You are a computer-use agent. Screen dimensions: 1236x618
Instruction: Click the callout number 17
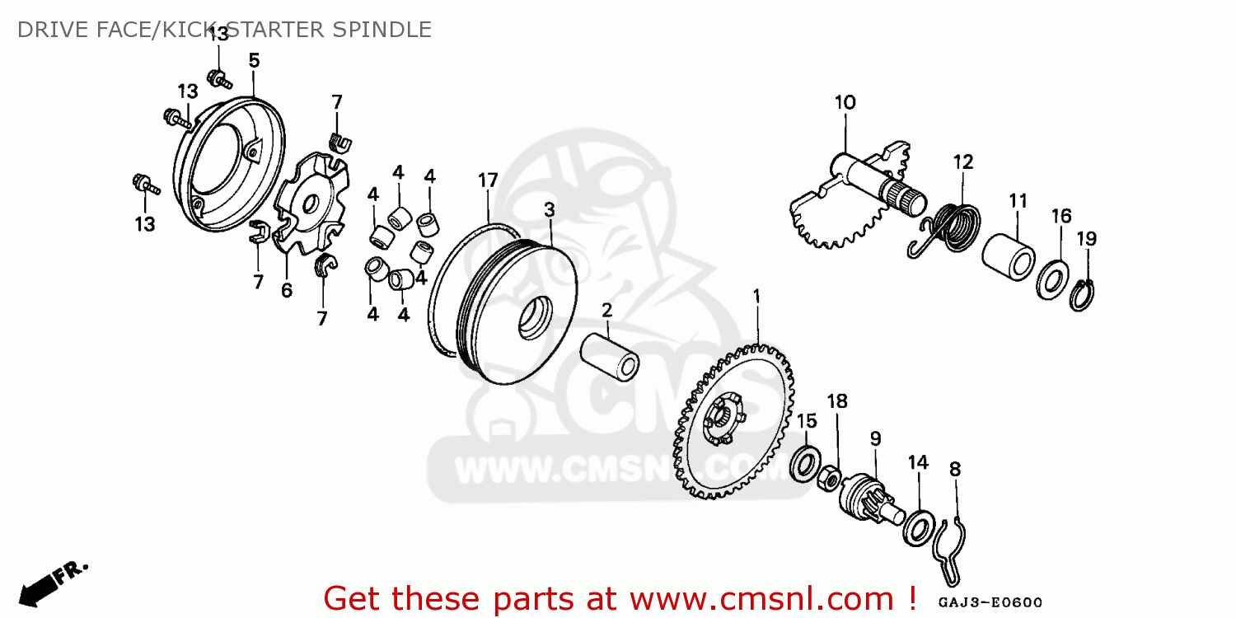[x=488, y=180]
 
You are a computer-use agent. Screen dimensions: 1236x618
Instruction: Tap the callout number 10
[x=845, y=103]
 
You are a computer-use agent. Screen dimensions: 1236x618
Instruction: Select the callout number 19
[x=1087, y=239]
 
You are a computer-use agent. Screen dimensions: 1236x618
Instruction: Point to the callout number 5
[x=254, y=60]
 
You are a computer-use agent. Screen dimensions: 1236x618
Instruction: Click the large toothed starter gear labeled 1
[x=734, y=422]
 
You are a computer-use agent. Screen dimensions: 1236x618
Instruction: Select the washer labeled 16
[x=1052, y=280]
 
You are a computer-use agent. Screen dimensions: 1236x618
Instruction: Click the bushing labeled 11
[x=1008, y=257]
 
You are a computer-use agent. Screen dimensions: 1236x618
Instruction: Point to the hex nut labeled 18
[x=829, y=479]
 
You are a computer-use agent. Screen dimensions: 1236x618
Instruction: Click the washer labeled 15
[x=806, y=463]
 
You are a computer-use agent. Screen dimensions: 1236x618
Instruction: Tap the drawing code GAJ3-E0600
[x=990, y=602]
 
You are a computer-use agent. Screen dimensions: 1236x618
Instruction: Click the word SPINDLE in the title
[x=382, y=30]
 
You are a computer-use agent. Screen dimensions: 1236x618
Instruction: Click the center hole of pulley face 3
[x=536, y=318]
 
